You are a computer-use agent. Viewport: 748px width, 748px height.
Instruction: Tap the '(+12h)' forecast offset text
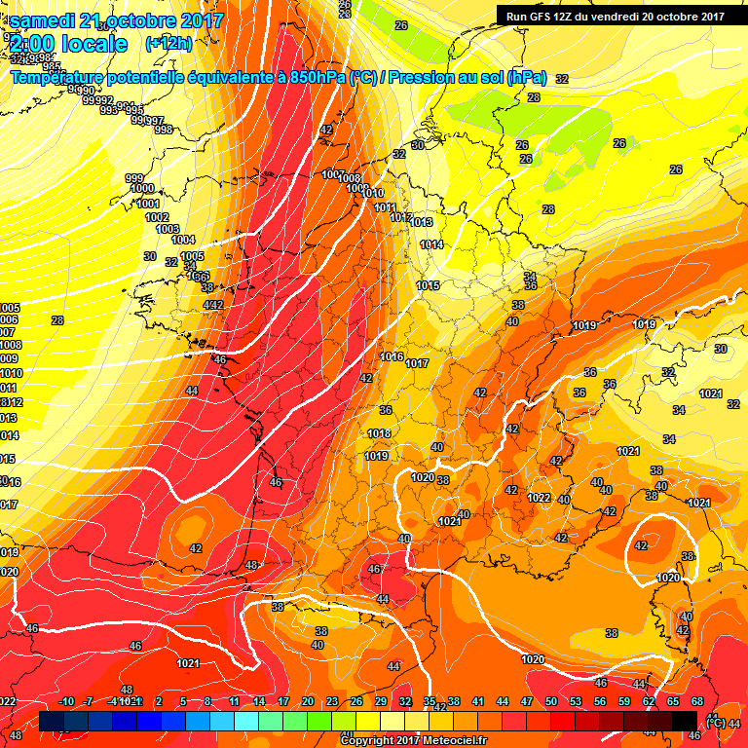coord(168,44)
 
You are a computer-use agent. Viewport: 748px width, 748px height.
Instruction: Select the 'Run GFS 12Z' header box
coord(615,16)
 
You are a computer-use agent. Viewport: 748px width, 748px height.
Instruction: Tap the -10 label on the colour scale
coord(67,702)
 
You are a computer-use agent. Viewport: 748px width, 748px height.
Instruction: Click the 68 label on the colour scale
coord(697,702)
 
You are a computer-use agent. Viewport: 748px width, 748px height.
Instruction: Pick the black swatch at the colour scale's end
coord(685,721)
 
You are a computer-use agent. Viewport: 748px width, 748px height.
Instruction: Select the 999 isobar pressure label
coord(134,178)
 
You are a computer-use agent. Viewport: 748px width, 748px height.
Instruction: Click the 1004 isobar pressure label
coord(183,240)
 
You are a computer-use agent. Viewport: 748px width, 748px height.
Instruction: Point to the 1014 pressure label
coord(431,244)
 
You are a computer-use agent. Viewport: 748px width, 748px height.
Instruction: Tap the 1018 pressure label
coord(379,434)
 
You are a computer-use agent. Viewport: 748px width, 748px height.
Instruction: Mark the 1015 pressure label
coord(428,285)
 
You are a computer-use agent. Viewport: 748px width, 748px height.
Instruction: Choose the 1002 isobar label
coord(157,217)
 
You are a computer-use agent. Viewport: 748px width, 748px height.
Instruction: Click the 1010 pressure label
coord(371,194)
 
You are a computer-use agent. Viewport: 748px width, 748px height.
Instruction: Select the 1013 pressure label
coord(421,223)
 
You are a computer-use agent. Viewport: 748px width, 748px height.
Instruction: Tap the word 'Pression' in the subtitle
coord(423,77)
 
